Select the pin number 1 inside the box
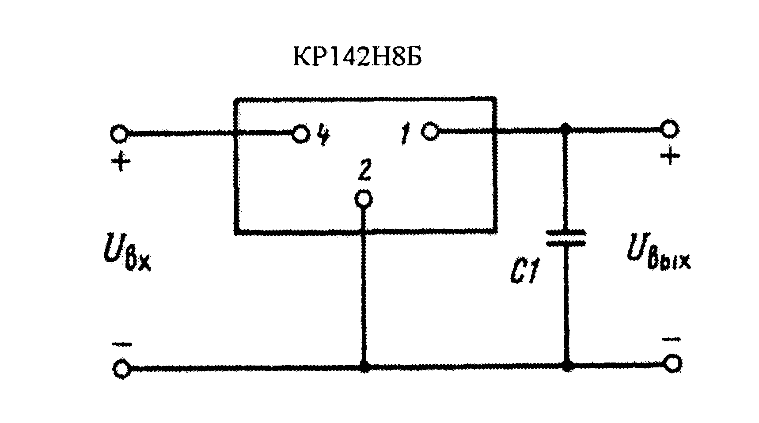(x=405, y=134)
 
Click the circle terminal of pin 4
(x=300, y=133)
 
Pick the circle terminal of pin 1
(x=429, y=131)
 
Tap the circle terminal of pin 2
(x=364, y=199)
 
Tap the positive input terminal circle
(x=119, y=134)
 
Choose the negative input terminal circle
(x=121, y=367)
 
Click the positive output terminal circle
(x=670, y=129)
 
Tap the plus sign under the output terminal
(x=670, y=156)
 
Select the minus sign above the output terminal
(x=671, y=339)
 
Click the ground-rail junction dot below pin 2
(x=364, y=366)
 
